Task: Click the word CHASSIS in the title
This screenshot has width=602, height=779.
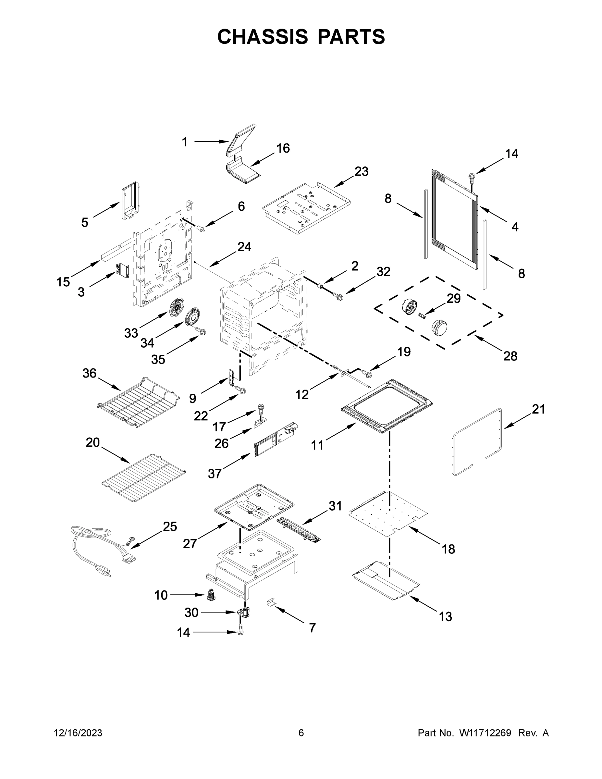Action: pos(263,36)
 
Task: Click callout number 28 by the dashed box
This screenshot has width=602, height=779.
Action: pos(510,356)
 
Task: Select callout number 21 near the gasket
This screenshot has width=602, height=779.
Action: pos(538,409)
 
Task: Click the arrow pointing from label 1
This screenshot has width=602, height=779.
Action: pos(211,142)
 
